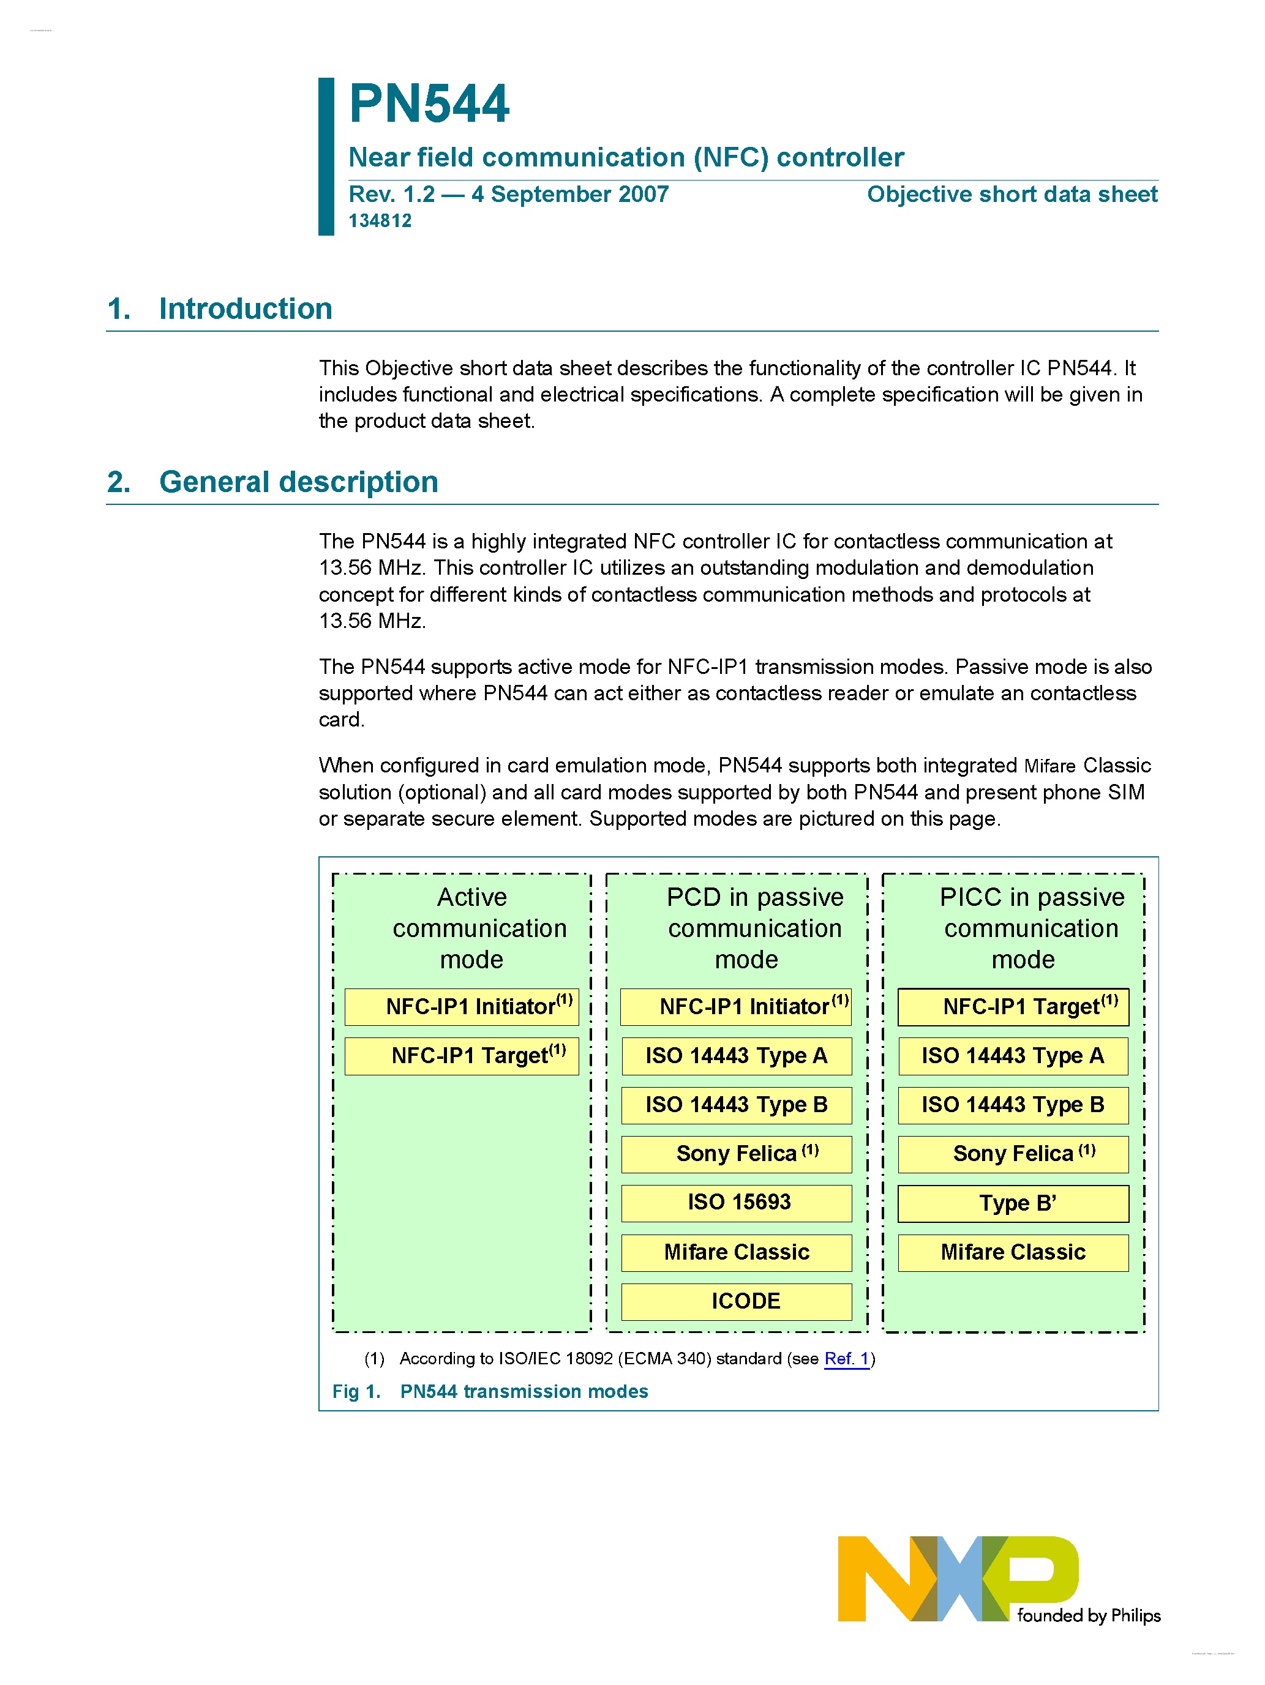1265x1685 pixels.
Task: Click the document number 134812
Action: click(380, 221)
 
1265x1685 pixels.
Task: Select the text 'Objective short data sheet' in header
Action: click(1012, 194)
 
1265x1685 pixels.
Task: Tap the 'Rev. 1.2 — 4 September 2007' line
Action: click(508, 194)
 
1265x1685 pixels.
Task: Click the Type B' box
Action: click(1013, 1203)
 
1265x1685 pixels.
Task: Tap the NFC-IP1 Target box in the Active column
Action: click(461, 1056)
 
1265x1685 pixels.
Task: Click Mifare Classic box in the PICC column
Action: click(1013, 1252)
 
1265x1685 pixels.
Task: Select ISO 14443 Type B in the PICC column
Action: click(1013, 1105)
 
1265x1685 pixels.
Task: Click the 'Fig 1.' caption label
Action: click(356, 1392)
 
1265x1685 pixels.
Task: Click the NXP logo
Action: click(957, 1579)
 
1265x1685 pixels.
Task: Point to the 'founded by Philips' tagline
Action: click(1087, 1616)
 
